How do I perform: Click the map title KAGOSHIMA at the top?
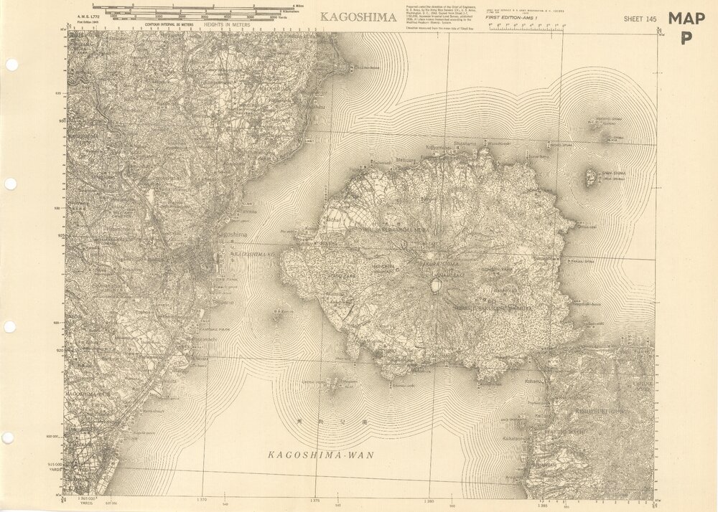click(358, 17)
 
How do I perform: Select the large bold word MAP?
click(686, 19)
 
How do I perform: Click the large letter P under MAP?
click(686, 39)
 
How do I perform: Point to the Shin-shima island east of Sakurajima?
click(591, 176)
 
